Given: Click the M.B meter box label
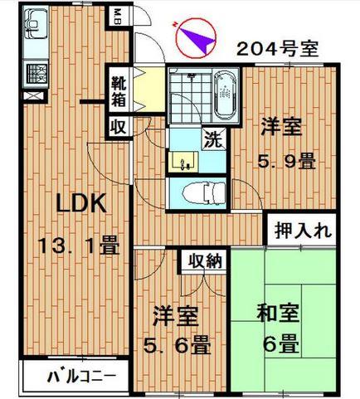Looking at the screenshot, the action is [117, 17].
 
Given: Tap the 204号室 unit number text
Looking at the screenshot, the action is [278, 49].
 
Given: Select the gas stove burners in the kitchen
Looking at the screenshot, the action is [36, 74].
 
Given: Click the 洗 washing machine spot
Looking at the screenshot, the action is [214, 139].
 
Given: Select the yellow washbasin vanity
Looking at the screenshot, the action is [183, 162].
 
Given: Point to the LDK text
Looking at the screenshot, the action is [81, 203].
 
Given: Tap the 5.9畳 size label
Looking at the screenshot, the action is [287, 161].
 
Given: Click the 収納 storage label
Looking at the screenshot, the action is [206, 260].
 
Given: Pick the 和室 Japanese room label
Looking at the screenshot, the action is [278, 313].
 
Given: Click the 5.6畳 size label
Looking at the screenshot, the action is [178, 345].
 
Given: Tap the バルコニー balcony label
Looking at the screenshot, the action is [81, 376].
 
